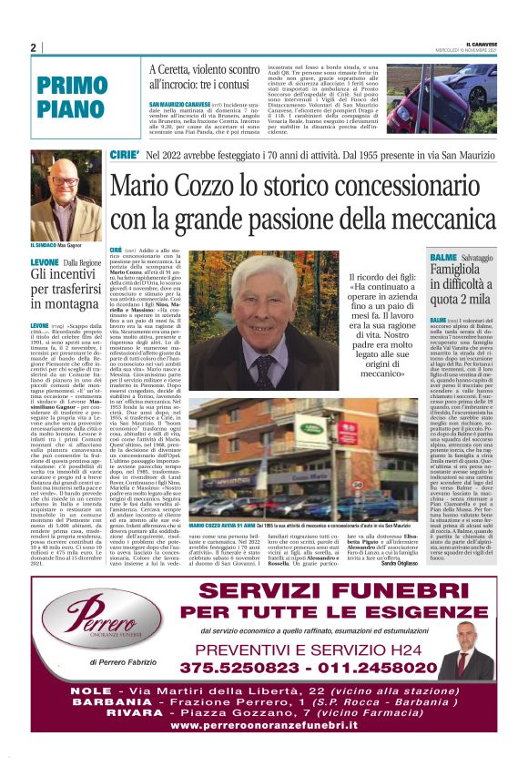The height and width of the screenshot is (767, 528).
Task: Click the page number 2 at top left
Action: coord(33,47)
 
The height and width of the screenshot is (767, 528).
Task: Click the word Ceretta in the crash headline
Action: coord(178,69)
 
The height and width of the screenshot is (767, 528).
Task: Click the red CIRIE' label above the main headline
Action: coord(123,154)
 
